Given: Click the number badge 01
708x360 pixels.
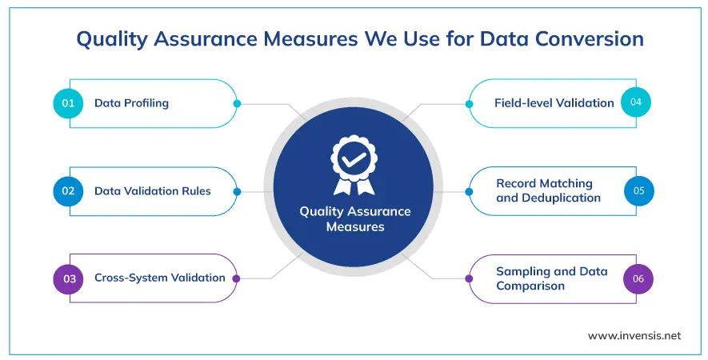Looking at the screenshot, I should click(x=68, y=103).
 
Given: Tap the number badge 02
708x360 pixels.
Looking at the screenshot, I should click(x=68, y=191).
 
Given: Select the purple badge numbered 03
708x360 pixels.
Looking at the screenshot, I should click(x=68, y=278).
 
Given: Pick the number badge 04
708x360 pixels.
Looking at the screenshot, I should click(x=636, y=102).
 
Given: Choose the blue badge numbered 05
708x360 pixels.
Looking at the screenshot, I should click(x=638, y=190).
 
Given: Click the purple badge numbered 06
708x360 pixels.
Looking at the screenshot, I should click(x=638, y=278).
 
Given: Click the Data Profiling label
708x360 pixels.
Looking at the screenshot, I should click(x=131, y=103).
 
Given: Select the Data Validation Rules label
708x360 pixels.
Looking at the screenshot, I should click(x=152, y=191).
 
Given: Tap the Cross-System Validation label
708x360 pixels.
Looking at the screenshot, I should click(x=159, y=278).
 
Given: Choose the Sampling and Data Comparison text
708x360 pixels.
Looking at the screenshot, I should click(x=550, y=278).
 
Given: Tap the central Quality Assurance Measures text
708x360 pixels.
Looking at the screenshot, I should click(x=354, y=219).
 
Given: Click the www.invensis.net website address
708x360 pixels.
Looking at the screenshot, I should click(x=634, y=336).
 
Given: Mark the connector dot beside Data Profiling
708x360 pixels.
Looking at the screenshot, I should click(x=237, y=103).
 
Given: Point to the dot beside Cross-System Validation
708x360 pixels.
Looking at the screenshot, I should click(x=237, y=278).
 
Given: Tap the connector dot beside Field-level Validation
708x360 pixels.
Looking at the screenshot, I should click(x=470, y=103).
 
